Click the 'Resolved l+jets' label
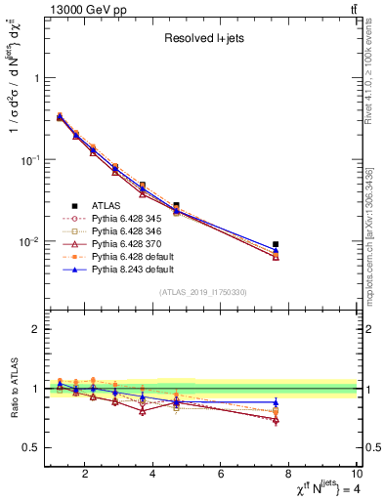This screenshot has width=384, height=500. point(202,39)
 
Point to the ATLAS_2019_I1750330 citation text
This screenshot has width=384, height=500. point(202,292)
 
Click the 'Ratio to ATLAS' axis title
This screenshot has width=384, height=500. point(14,389)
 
